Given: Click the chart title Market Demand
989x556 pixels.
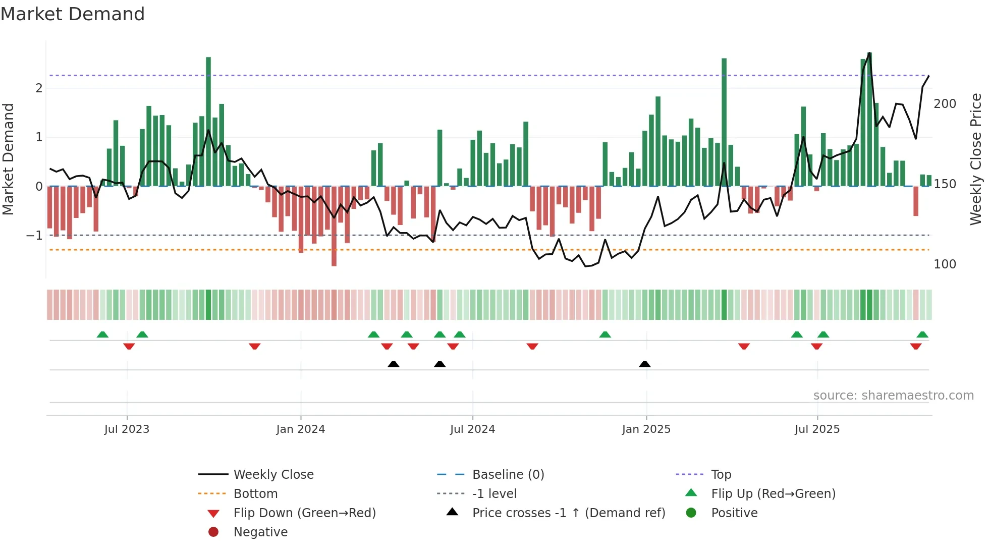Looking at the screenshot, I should (x=73, y=14).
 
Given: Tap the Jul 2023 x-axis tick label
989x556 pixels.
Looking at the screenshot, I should (x=127, y=429).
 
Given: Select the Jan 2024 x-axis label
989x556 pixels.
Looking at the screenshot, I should (x=301, y=429).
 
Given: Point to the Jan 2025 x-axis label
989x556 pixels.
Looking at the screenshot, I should (x=646, y=429).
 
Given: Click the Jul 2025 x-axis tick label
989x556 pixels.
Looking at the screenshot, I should (x=817, y=429).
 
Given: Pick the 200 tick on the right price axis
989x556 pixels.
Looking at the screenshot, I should (x=945, y=104).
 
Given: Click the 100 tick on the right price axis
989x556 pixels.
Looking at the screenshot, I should (x=945, y=264).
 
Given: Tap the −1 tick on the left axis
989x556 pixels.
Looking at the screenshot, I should (x=34, y=236).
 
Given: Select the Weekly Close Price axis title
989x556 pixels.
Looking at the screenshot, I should (x=975, y=159).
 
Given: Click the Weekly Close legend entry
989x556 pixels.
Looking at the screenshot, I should (x=273, y=475).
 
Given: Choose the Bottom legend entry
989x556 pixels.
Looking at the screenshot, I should (x=255, y=494).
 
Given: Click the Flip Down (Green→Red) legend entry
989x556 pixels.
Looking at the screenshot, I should (x=304, y=513).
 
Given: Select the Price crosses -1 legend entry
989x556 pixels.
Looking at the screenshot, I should (x=568, y=513).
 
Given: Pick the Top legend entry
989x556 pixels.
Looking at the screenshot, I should (x=721, y=475).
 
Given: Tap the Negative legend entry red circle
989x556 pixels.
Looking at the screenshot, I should (x=213, y=532).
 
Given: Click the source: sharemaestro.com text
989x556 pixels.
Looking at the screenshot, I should (x=893, y=396).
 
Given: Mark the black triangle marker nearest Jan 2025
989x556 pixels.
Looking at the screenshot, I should (x=644, y=364).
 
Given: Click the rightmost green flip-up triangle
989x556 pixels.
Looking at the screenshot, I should (x=922, y=335).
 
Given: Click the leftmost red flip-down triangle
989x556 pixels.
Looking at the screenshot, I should (x=129, y=346).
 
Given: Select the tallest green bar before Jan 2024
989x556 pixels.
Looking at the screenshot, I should (x=208, y=121).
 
